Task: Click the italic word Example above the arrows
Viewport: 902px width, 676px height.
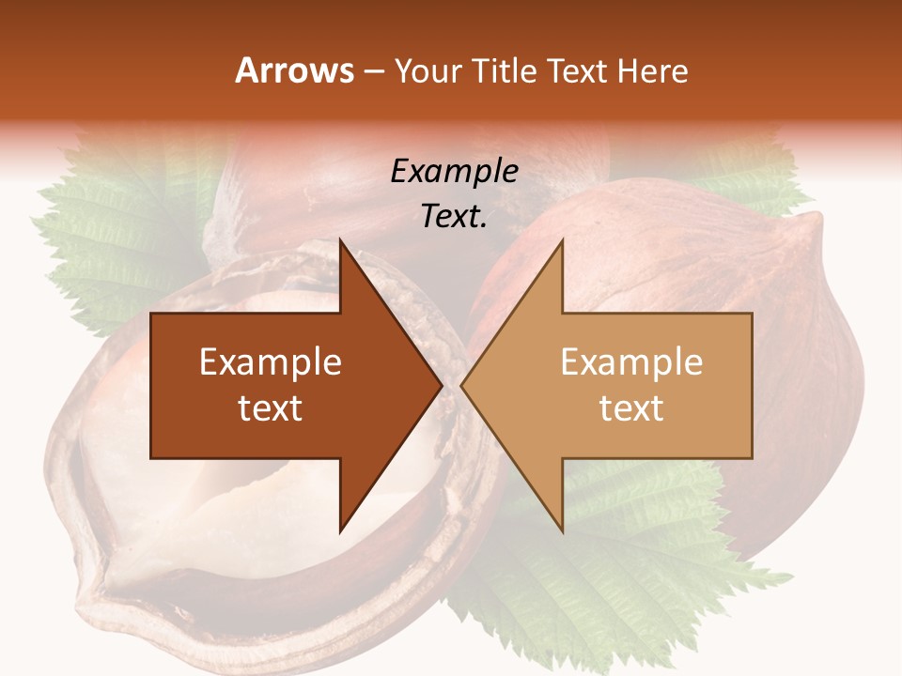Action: tap(454, 171)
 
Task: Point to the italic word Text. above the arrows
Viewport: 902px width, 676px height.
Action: tap(454, 216)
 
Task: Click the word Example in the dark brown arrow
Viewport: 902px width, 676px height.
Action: tap(271, 362)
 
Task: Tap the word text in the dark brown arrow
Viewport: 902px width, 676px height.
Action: tap(271, 407)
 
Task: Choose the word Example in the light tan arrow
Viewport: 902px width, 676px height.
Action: tap(631, 362)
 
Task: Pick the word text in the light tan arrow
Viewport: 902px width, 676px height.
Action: tap(631, 407)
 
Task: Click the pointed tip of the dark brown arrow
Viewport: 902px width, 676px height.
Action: tap(441, 386)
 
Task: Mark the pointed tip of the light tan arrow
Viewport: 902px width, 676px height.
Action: tap(462, 386)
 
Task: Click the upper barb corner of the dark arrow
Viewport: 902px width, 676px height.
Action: tap(340, 240)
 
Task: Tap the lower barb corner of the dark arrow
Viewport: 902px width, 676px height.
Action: tap(340, 531)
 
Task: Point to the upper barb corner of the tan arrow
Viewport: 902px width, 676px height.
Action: tap(563, 240)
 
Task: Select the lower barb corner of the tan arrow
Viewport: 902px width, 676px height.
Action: tap(563, 531)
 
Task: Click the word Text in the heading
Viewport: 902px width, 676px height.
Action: tap(577, 70)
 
